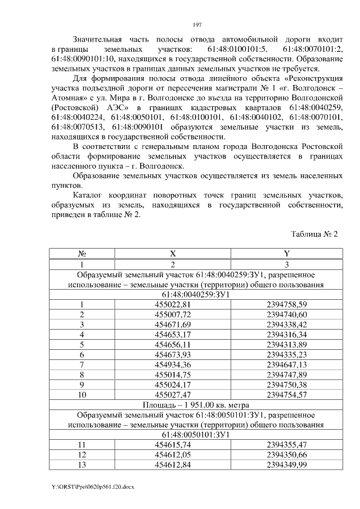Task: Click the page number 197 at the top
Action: pyautogui.click(x=197, y=25)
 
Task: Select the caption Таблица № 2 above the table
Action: pyautogui.click(x=314, y=233)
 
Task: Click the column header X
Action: pyautogui.click(x=173, y=254)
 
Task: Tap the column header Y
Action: pyautogui.click(x=286, y=254)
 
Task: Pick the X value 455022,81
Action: pyautogui.click(x=173, y=304)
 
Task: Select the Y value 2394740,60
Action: pyautogui.click(x=286, y=314)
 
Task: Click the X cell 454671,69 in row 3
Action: pyautogui.click(x=173, y=325)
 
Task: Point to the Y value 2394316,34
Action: pyautogui.click(x=286, y=335)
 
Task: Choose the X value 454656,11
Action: pyautogui.click(x=173, y=345)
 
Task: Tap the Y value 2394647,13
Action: pyautogui.click(x=286, y=365)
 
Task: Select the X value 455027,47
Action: pyautogui.click(x=173, y=395)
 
